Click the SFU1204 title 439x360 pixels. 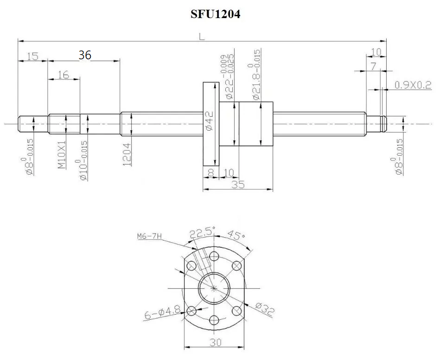click(x=215, y=14)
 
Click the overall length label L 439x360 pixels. click(x=202, y=37)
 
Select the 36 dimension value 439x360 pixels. click(x=85, y=55)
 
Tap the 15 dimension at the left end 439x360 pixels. click(x=33, y=56)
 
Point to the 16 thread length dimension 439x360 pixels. click(x=64, y=75)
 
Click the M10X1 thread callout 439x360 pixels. click(x=62, y=155)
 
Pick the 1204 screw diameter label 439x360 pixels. click(x=127, y=154)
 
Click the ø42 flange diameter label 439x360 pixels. click(x=209, y=120)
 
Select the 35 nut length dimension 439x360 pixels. click(x=238, y=184)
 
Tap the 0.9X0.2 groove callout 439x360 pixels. click(x=413, y=85)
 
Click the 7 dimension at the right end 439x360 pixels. click(x=374, y=67)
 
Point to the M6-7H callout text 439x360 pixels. click(x=150, y=236)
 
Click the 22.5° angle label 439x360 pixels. click(x=202, y=234)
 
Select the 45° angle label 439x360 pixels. click(x=236, y=235)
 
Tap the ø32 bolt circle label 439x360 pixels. click(x=265, y=309)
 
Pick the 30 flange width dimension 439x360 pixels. click(x=215, y=342)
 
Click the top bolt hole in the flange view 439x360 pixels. click(x=214, y=256)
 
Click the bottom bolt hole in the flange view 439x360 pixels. click(x=214, y=320)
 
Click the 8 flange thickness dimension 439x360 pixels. click(x=211, y=173)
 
